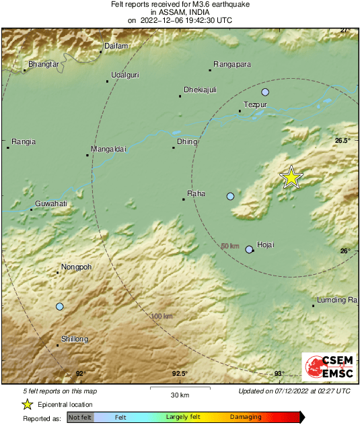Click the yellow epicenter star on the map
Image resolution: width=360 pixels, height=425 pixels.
tap(291, 177)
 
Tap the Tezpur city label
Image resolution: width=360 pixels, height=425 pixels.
tap(256, 105)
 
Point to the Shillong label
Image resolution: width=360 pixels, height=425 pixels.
tap(74, 339)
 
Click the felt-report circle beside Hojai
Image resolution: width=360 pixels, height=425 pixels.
tap(249, 249)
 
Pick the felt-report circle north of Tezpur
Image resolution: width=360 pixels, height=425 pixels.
tap(265, 92)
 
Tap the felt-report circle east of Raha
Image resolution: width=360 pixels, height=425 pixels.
tap(230, 196)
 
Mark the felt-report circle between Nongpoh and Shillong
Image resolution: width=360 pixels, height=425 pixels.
tap(59, 306)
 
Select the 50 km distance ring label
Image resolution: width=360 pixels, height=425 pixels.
tap(230, 246)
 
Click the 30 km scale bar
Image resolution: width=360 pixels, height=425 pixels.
tap(178, 389)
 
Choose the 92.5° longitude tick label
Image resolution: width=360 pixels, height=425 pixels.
tap(179, 374)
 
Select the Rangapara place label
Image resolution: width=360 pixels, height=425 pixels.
tap(232, 64)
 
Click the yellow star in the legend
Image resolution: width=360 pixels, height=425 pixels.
tap(28, 404)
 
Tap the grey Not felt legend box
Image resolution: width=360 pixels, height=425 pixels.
tap(81, 418)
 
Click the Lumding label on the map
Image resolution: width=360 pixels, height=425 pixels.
tap(336, 300)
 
